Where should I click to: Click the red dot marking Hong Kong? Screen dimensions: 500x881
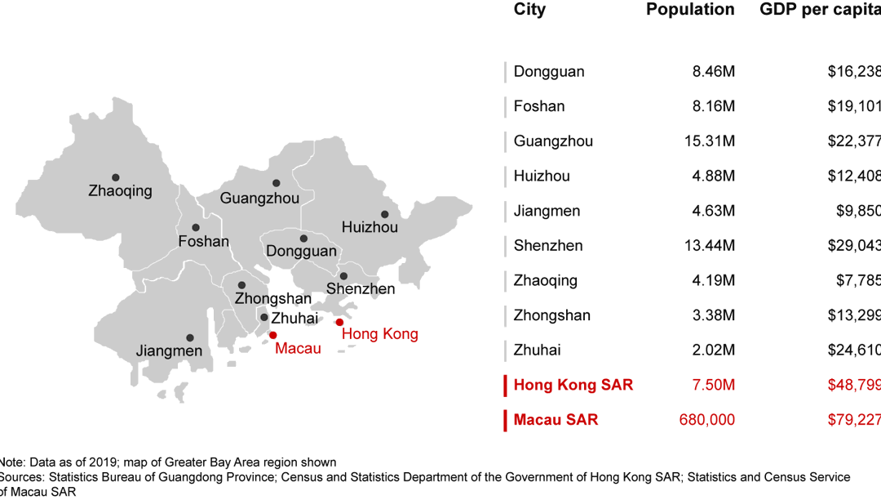pyautogui.click(x=339, y=322)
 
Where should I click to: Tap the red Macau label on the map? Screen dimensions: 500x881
pyautogui.click(x=298, y=349)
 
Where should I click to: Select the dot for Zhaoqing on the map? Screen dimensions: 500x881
pyautogui.click(x=116, y=177)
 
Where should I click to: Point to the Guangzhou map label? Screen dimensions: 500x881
pyautogui.click(x=259, y=199)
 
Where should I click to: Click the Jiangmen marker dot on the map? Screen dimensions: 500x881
pyautogui.click(x=190, y=337)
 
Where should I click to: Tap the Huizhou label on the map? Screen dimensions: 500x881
pyautogui.click(x=370, y=227)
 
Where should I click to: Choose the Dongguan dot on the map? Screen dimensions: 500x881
pyautogui.click(x=303, y=239)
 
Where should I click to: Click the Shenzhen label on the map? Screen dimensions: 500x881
pyautogui.click(x=361, y=288)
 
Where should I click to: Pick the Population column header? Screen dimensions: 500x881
pyautogui.click(x=690, y=10)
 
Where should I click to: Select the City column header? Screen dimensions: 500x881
pyautogui.click(x=529, y=10)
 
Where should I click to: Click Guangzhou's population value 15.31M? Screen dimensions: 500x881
pyautogui.click(x=710, y=141)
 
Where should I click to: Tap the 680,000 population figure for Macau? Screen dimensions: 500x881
pyautogui.click(x=706, y=420)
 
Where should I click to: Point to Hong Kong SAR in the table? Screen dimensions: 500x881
pyautogui.click(x=573, y=385)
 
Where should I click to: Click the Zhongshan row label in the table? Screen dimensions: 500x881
pyautogui.click(x=551, y=315)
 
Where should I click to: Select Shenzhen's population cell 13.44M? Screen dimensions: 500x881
pyautogui.click(x=710, y=246)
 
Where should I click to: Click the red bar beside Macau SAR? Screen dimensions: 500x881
pyautogui.click(x=506, y=420)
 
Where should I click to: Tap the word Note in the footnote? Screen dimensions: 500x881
pyautogui.click(x=11, y=462)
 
